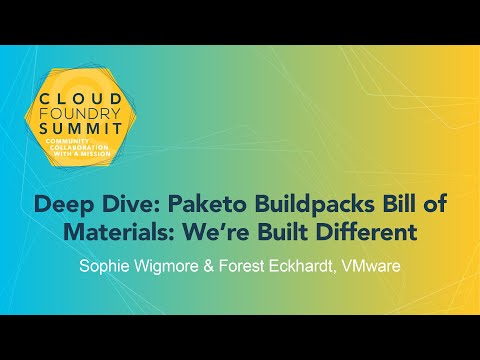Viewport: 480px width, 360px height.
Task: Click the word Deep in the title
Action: [59, 206]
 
